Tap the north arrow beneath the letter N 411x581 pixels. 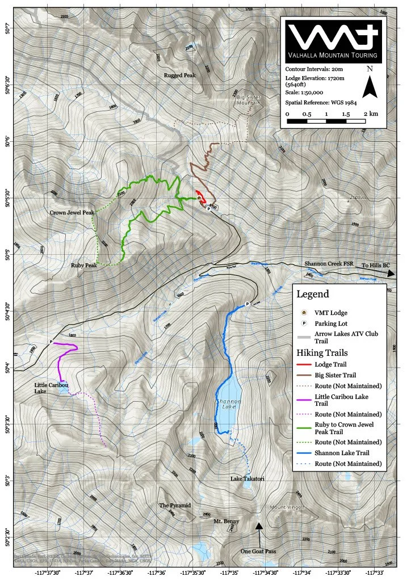click(x=370, y=87)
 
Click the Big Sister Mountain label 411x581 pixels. click(x=248, y=100)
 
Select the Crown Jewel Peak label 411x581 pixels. click(x=72, y=212)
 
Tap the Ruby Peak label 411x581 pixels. click(x=84, y=265)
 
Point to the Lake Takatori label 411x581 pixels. click(x=247, y=479)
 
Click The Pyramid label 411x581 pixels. click(x=174, y=505)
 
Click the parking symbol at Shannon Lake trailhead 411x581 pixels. click(x=247, y=304)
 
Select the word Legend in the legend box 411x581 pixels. click(x=312, y=294)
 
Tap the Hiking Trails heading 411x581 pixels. click(x=324, y=352)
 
